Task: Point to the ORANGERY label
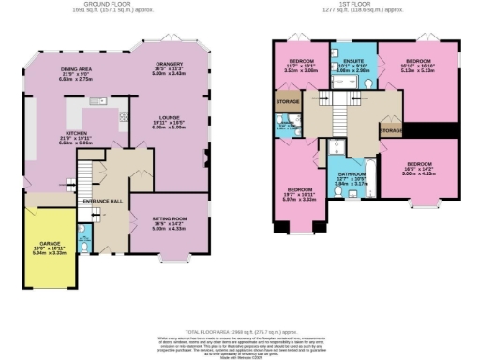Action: (168, 64)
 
